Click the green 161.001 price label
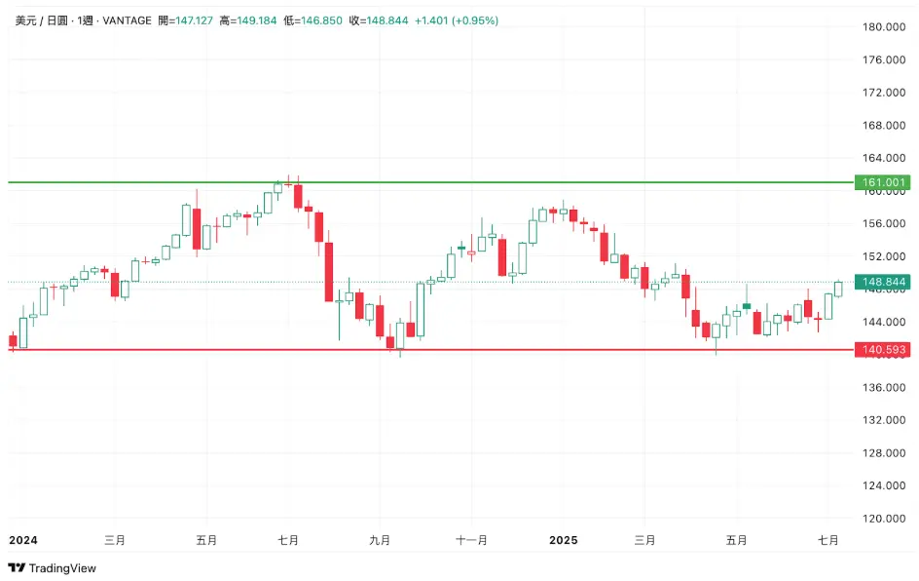click(882, 182)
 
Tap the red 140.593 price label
click(882, 349)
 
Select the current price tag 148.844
click(882, 282)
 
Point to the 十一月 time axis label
click(471, 539)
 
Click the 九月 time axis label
click(380, 539)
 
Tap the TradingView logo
click(53, 567)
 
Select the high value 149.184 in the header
click(254, 20)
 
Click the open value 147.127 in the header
click(190, 20)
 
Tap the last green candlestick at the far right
click(838, 289)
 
